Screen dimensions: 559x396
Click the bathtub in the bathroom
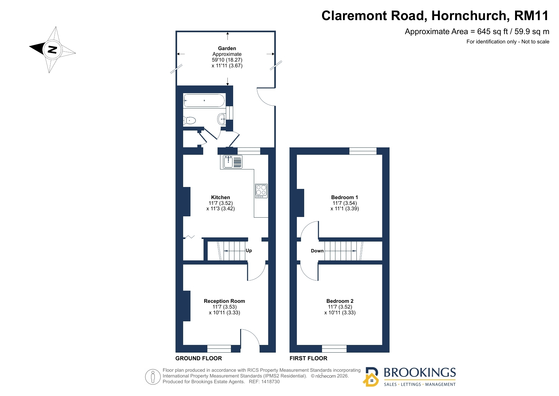(x=204, y=101)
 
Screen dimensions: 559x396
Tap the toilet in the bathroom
(x=190, y=121)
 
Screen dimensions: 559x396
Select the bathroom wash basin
(x=222, y=119)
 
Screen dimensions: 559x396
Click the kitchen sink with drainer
(x=233, y=161)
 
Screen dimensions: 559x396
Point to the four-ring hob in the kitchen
(x=261, y=191)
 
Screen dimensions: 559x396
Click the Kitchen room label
(x=220, y=197)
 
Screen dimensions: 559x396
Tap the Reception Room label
(x=224, y=301)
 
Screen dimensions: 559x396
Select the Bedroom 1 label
(x=345, y=197)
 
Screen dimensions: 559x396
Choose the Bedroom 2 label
(x=340, y=301)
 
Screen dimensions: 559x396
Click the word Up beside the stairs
(x=249, y=250)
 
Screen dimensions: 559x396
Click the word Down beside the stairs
(x=317, y=251)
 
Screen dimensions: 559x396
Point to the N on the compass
(x=52, y=49)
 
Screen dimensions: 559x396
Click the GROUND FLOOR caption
(x=198, y=358)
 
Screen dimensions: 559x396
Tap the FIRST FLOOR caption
(x=308, y=358)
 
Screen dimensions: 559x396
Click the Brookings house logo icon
(x=371, y=377)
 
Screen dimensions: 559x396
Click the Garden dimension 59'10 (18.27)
(x=227, y=60)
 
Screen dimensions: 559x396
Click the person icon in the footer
(x=153, y=377)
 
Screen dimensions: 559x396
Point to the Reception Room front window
(x=219, y=348)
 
